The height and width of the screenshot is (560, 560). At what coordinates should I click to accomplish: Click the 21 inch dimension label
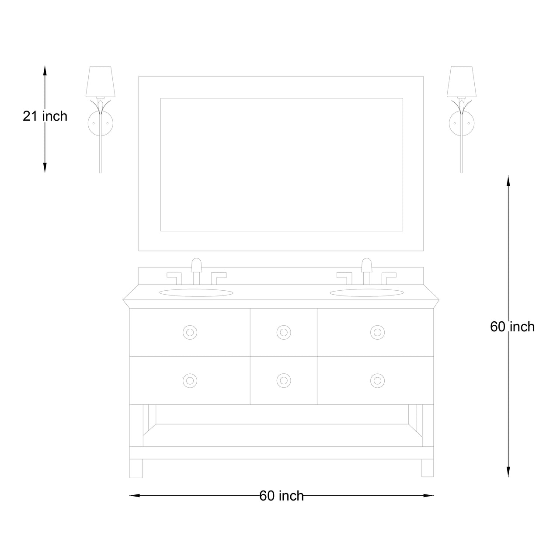coord(45,116)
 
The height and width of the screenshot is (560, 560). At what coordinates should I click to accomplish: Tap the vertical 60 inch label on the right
coord(512,327)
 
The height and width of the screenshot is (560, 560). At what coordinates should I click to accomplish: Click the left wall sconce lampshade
coord(100,81)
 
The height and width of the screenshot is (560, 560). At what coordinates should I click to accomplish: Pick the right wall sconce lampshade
coord(462,81)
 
